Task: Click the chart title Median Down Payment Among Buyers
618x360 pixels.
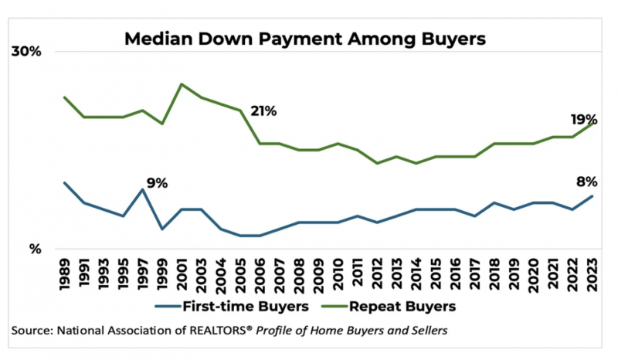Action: (x=306, y=38)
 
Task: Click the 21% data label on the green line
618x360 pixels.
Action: (x=263, y=110)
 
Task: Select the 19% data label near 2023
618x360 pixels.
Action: (x=583, y=120)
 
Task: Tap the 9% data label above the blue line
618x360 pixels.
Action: (x=157, y=183)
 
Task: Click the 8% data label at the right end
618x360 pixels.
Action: (x=586, y=182)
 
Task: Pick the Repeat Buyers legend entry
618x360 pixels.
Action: (x=387, y=305)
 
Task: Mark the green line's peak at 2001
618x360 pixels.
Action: (x=182, y=84)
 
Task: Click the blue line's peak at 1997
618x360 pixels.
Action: (x=142, y=189)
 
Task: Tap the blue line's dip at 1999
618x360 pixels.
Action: (x=162, y=229)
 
